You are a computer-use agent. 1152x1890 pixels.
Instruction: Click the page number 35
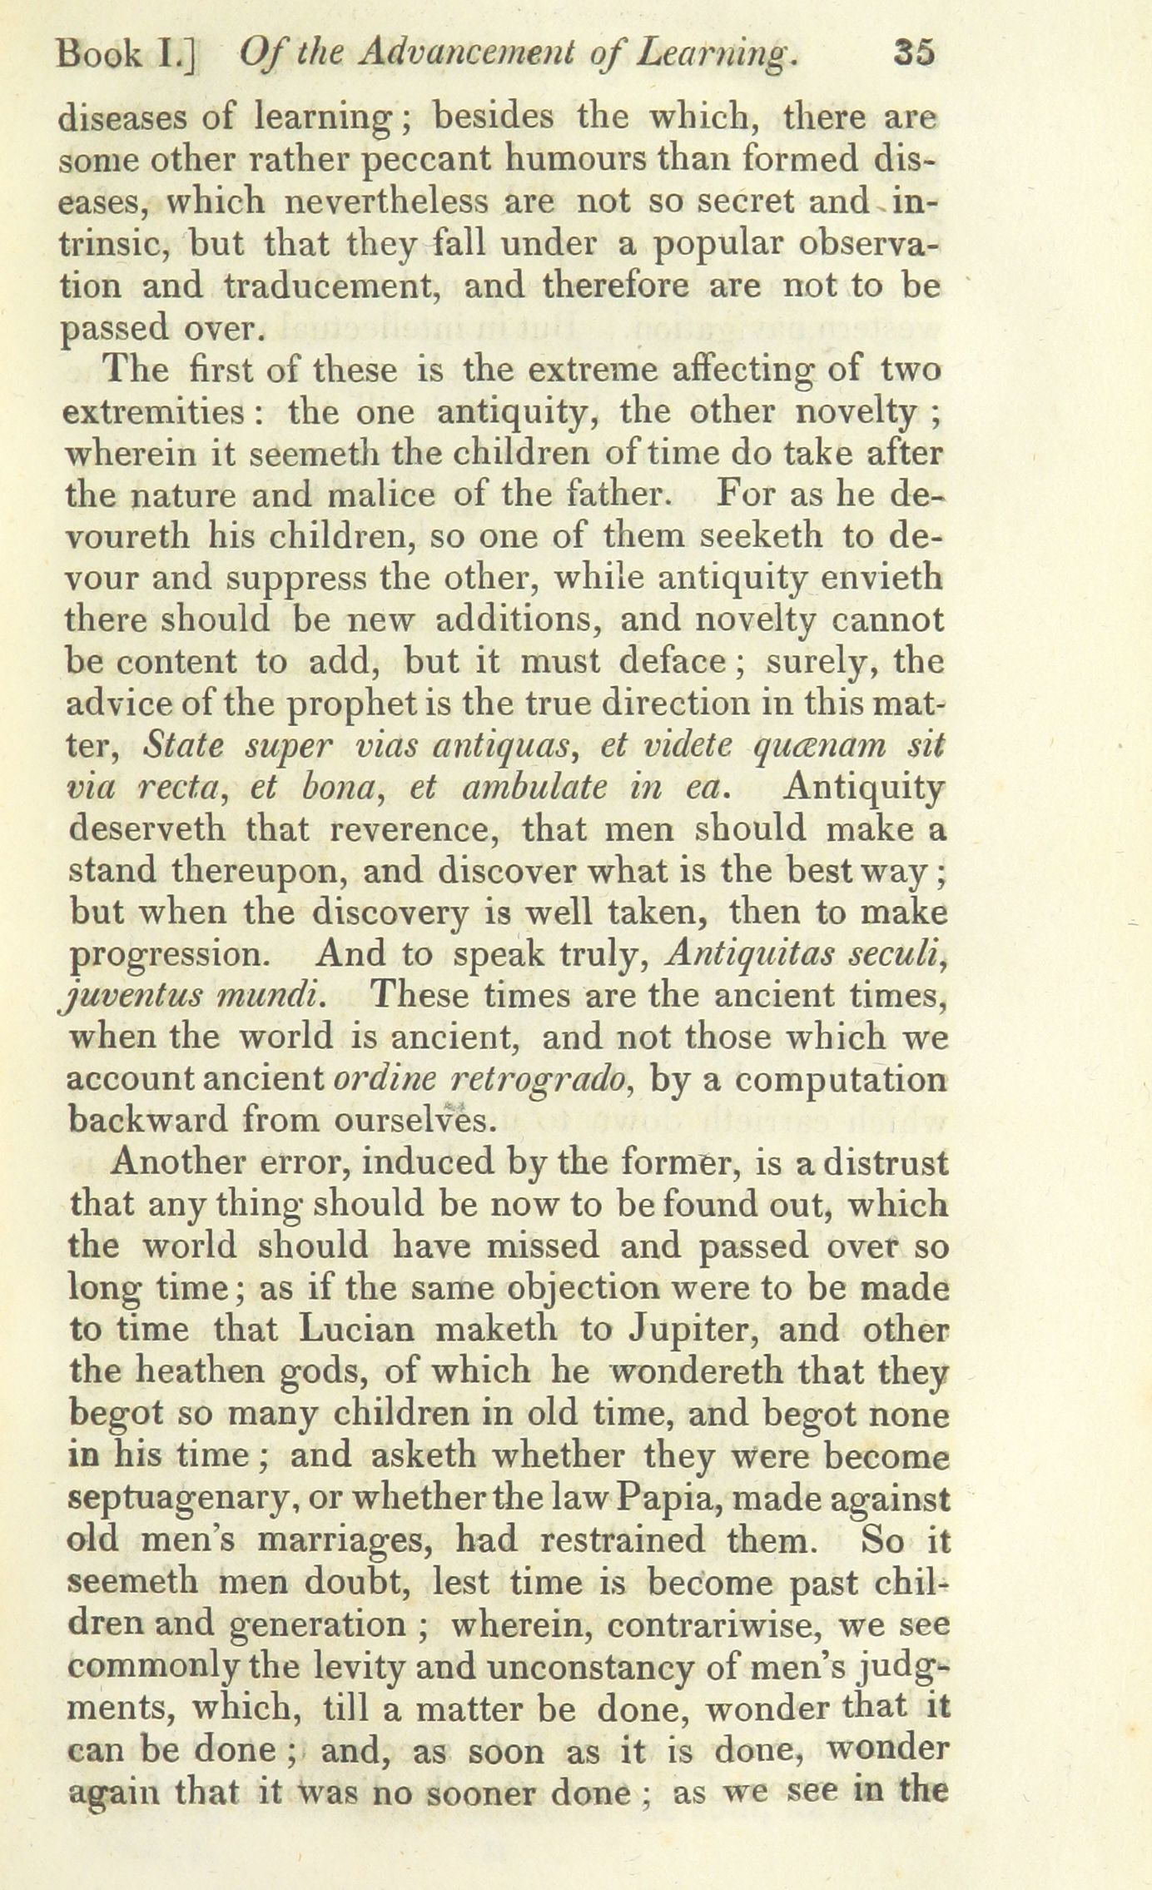(x=913, y=55)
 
